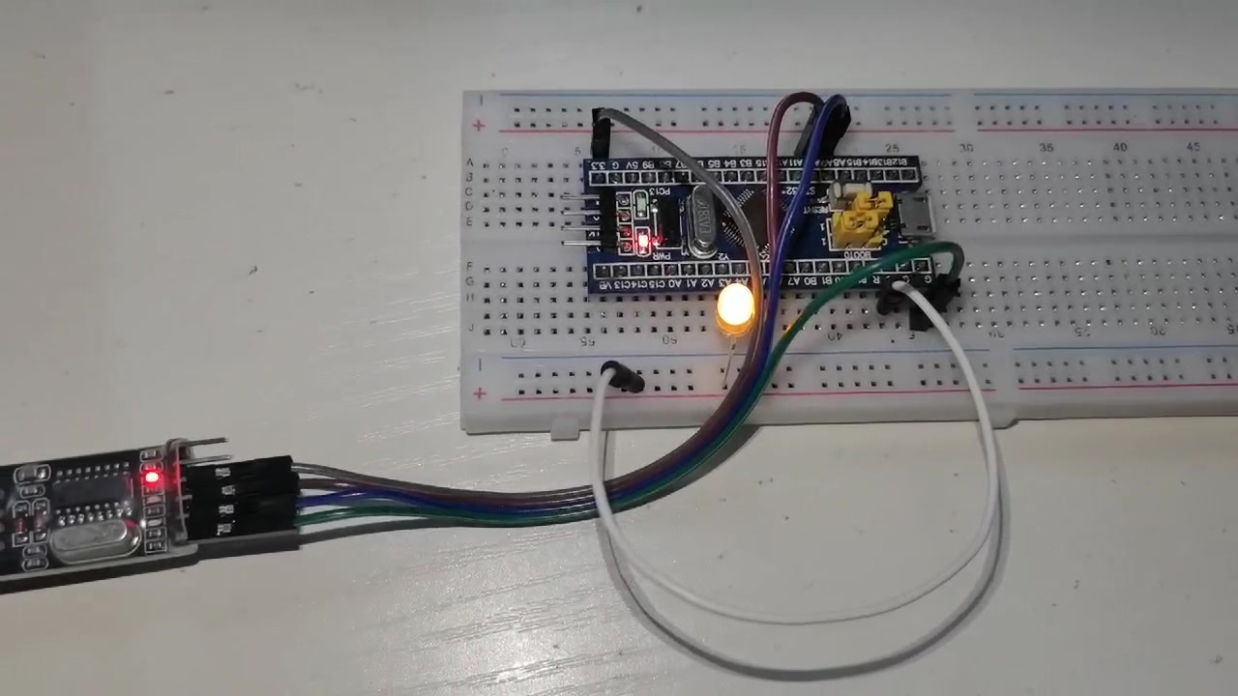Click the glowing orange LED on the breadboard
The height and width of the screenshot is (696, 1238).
[x=736, y=307]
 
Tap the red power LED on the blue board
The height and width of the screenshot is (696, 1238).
[x=644, y=238]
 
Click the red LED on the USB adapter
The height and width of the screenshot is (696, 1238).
[x=152, y=477]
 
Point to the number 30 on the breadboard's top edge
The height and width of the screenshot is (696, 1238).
[x=966, y=147]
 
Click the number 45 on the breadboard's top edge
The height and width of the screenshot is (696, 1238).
[x=1193, y=147]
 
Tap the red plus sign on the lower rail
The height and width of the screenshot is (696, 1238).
[x=480, y=393]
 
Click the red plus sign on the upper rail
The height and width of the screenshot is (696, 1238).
[x=479, y=126]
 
